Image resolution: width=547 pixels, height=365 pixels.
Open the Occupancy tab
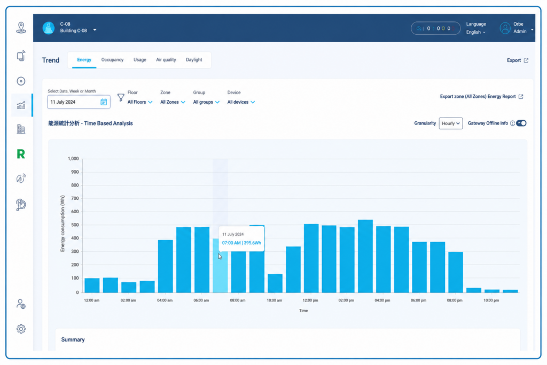click(112, 60)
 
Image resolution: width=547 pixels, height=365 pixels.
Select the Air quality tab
click(166, 60)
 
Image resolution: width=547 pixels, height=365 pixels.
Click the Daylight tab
click(194, 60)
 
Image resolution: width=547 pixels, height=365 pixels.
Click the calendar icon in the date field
click(104, 102)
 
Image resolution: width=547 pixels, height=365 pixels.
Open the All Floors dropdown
click(140, 102)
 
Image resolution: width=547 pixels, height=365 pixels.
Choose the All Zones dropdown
click(173, 102)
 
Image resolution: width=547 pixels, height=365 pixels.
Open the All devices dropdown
click(241, 102)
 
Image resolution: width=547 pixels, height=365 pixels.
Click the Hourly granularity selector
click(451, 123)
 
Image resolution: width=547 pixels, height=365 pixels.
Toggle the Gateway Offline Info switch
click(521, 123)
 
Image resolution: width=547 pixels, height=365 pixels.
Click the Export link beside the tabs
click(518, 60)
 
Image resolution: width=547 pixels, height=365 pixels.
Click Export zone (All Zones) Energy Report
click(481, 96)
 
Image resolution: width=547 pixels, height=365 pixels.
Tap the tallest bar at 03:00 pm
click(365, 256)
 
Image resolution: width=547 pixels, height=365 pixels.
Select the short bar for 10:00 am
click(275, 283)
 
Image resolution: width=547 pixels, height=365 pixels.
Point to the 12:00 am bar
click(92, 285)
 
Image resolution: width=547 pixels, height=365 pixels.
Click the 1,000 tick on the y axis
click(73, 158)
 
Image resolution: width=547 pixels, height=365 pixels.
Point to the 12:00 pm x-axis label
click(310, 300)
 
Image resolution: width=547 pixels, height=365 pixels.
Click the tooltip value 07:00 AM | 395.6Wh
click(241, 243)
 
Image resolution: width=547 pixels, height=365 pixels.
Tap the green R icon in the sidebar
click(21, 154)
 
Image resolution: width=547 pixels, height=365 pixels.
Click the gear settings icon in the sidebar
click(21, 329)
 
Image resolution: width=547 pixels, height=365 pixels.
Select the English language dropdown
click(476, 32)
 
